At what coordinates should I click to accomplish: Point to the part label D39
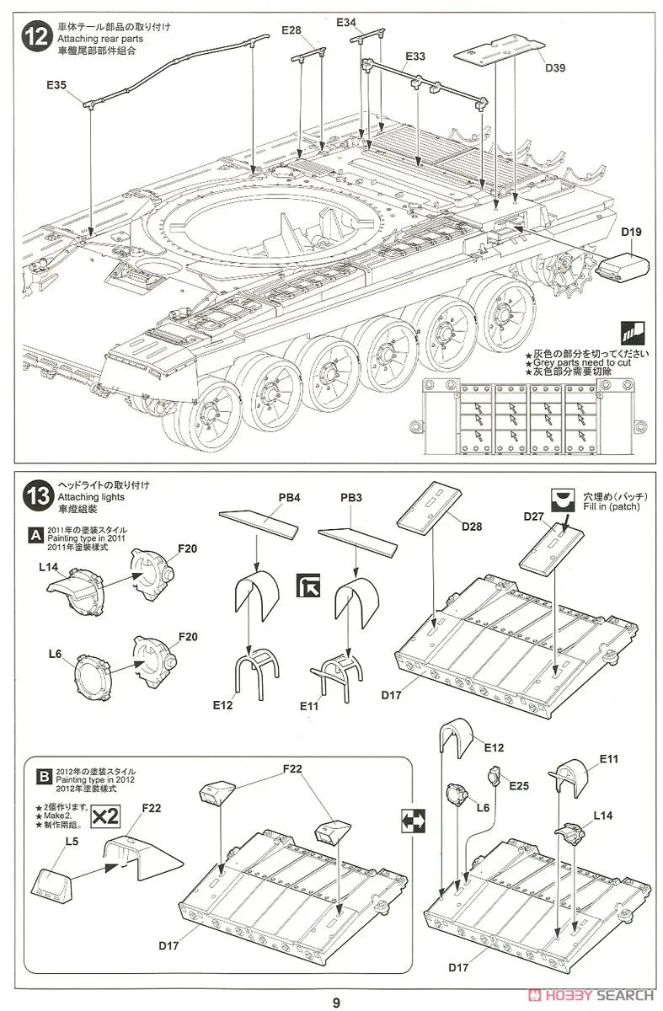click(x=554, y=69)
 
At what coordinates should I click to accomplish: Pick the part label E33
click(x=414, y=56)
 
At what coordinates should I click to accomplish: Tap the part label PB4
click(x=290, y=498)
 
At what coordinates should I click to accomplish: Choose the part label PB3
click(x=350, y=498)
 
